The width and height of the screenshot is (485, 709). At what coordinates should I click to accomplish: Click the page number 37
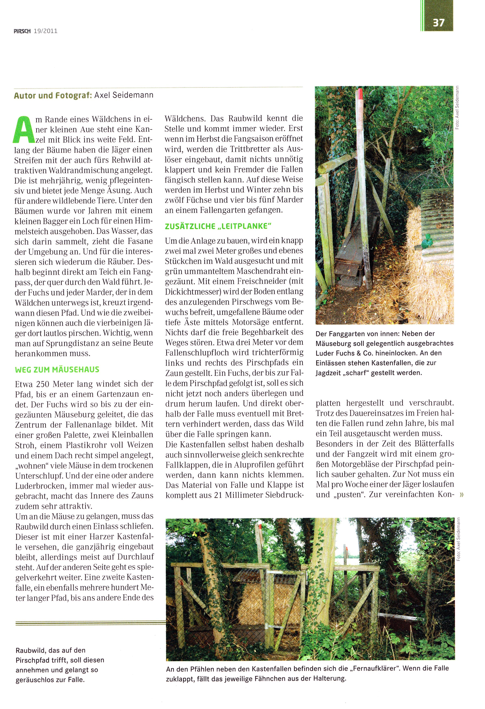(438, 23)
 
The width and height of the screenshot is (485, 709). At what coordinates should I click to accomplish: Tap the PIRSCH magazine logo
(22, 31)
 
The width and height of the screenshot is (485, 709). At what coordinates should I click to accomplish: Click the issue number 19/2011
(46, 31)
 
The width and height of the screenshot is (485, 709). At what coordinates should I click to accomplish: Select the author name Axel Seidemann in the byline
(124, 95)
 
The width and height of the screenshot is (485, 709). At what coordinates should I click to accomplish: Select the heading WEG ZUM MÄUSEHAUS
(57, 370)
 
